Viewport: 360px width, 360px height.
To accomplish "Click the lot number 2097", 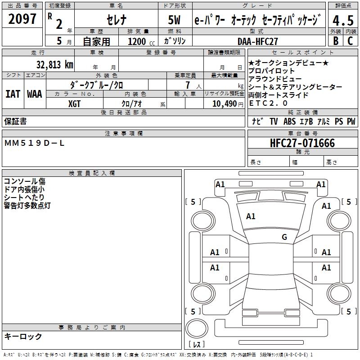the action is (22, 19).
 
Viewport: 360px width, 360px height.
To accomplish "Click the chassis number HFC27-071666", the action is (302, 143).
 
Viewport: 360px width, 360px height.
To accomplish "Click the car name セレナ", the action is (116, 21).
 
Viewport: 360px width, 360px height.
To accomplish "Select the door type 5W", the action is (175, 21).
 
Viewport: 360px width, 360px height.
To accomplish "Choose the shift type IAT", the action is (13, 94).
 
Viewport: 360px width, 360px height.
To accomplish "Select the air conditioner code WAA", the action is (35, 94).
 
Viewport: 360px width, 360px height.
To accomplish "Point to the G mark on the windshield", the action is (284, 237).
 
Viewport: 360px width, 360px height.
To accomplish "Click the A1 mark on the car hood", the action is (251, 216).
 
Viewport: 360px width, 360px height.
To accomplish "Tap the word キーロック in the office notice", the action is (23, 337).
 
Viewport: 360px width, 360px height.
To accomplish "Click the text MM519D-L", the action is (35, 143).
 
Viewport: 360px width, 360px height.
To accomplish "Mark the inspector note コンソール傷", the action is (24, 181).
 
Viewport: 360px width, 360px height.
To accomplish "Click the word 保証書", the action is (15, 121).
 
